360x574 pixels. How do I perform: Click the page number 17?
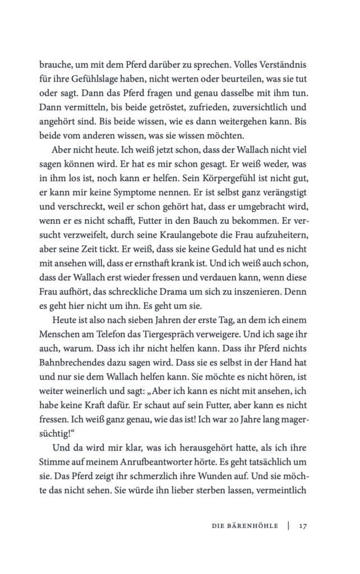click(303, 526)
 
